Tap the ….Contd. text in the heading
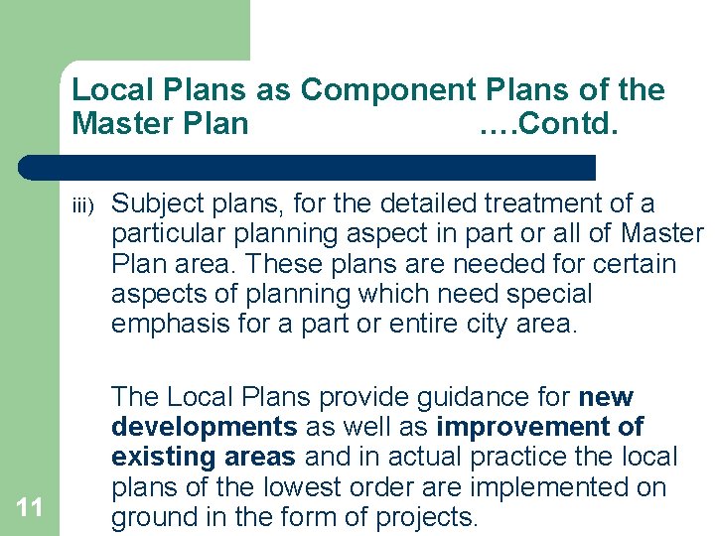(x=548, y=124)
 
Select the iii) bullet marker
(x=82, y=205)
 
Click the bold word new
(x=606, y=398)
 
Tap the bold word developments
(x=204, y=428)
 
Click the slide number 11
(x=30, y=507)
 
